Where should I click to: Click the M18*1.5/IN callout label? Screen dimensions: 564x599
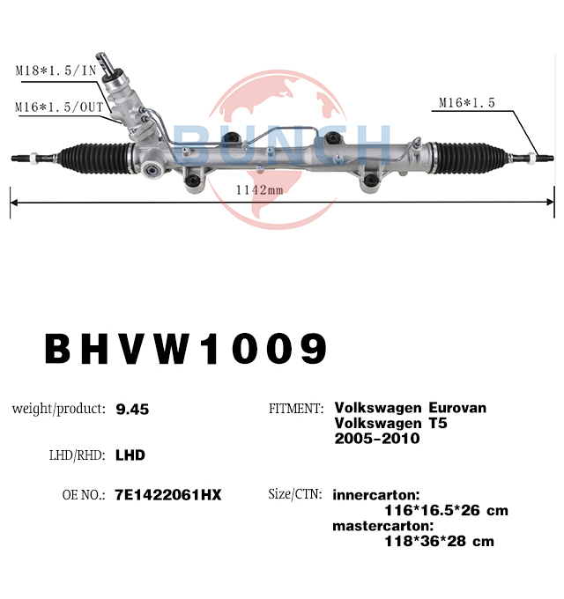56,70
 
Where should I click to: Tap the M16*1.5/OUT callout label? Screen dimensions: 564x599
59,107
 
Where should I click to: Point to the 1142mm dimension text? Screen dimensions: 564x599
260,190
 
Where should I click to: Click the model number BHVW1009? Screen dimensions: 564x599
186,349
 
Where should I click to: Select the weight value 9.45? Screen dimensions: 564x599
132,410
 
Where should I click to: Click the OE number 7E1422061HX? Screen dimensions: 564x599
168,495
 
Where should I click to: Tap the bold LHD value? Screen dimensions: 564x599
130,455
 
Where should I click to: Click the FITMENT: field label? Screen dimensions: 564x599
296,409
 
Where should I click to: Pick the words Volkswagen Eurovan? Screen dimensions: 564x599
411,408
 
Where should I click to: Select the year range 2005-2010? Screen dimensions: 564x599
377,439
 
